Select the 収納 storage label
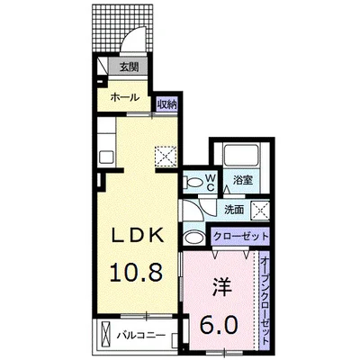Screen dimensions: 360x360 click(166, 103)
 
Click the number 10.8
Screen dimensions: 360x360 click(136, 271)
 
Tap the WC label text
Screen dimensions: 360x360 click(209, 182)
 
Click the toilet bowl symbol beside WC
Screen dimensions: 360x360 click(193, 182)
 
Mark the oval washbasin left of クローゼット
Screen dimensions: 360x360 click(193, 237)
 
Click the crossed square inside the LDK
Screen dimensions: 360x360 click(166, 156)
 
